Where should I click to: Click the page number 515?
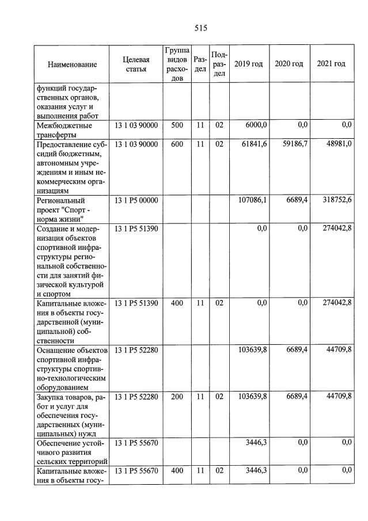pos(200,28)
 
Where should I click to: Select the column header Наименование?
pos(72,64)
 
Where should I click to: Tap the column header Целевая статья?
pos(136,64)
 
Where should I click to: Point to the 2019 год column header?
pos(249,64)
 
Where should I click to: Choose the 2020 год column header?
pos(289,64)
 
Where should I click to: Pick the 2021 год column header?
pos(331,64)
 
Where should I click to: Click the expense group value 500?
pos(177,125)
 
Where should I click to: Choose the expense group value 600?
pos(177,144)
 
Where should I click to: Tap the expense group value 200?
pos(177,397)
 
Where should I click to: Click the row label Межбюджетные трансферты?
pos(64,130)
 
